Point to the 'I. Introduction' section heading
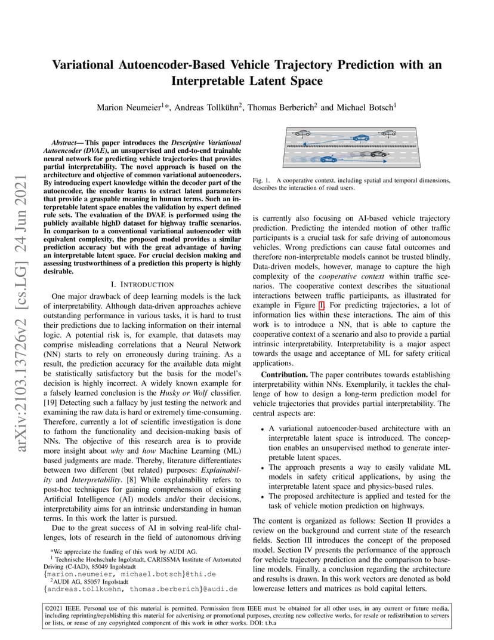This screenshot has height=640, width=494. click(x=143, y=285)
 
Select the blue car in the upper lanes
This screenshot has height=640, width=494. click(x=361, y=138)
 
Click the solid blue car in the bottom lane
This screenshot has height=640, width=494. click(x=328, y=160)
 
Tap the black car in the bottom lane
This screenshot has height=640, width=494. click(x=378, y=154)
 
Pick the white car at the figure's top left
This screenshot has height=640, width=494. click(x=302, y=133)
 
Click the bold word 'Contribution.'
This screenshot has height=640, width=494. click(x=284, y=374)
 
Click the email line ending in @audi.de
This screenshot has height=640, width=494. click(x=141, y=588)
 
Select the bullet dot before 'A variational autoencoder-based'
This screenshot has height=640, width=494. click(x=263, y=429)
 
